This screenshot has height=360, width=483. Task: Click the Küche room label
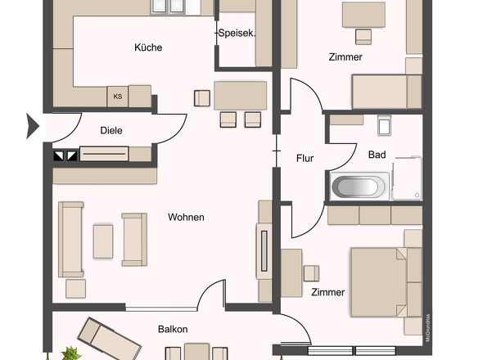coord(148,47)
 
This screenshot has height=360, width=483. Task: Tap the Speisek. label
coord(237,34)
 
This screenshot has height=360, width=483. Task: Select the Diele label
coord(111,131)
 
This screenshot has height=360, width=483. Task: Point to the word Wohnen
coord(186,218)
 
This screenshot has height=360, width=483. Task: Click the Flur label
coord(305,158)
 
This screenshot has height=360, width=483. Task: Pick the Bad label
coord(377,155)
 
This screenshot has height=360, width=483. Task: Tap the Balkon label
coord(173,329)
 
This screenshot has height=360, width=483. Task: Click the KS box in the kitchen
coord(118,97)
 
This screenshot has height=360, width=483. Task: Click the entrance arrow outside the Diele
coord(33,126)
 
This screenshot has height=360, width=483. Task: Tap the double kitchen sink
coord(168,7)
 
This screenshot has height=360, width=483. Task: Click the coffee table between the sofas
coord(103,241)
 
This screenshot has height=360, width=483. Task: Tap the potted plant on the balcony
coord(71,353)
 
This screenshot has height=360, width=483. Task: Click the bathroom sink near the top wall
coord(385,126)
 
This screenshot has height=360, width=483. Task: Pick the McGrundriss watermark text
coord(427,327)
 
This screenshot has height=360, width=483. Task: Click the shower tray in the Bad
coord(407,178)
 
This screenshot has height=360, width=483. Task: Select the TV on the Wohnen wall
coord(264,251)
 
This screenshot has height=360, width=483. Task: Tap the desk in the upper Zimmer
coord(363,15)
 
